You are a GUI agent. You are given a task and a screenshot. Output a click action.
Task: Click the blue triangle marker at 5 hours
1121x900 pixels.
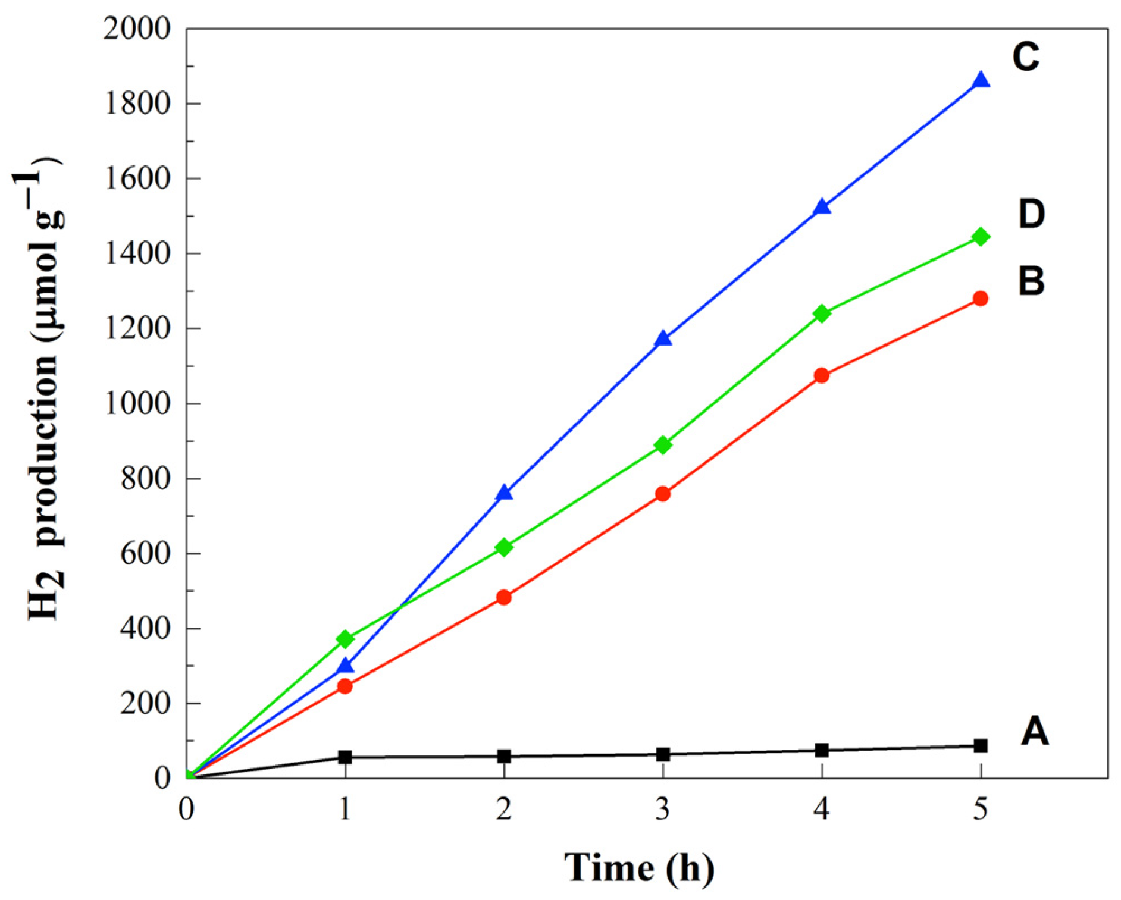click(x=980, y=81)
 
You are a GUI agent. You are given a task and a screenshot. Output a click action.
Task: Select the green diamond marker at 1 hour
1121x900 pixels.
click(x=345, y=639)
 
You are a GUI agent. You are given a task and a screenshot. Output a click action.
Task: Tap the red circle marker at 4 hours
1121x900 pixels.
click(x=821, y=375)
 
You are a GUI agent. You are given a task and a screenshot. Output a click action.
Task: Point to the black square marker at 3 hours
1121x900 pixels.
click(x=663, y=754)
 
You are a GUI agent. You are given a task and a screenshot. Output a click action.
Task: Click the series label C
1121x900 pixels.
click(x=1026, y=58)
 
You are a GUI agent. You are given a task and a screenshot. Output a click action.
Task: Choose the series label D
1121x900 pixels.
click(x=1031, y=214)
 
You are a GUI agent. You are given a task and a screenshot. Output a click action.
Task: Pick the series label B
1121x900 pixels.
click(x=1031, y=281)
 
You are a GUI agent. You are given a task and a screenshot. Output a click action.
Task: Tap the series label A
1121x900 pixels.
click(x=1034, y=731)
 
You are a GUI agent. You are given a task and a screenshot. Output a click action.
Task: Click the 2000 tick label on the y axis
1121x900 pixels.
click(x=136, y=29)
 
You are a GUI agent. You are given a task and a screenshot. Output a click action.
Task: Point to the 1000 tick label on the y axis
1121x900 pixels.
click(x=136, y=403)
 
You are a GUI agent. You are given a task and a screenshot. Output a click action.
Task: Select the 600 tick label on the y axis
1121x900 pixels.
click(x=145, y=553)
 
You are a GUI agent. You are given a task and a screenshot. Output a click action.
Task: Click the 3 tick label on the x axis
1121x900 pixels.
click(x=662, y=810)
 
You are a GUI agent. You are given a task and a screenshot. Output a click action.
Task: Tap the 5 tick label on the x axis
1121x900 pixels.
click(x=980, y=810)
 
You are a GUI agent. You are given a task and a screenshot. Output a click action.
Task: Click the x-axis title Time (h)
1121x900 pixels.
click(x=639, y=867)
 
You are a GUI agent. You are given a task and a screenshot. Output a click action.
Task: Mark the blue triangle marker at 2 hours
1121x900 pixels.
click(x=504, y=493)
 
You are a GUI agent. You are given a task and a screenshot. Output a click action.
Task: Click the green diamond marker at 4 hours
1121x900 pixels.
click(x=821, y=313)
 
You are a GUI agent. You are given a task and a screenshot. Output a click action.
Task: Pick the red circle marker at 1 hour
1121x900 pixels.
click(x=345, y=686)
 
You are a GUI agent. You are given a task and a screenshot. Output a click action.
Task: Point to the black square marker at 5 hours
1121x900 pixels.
click(x=980, y=745)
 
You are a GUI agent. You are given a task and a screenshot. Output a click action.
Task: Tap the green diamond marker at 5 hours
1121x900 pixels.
click(x=980, y=237)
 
